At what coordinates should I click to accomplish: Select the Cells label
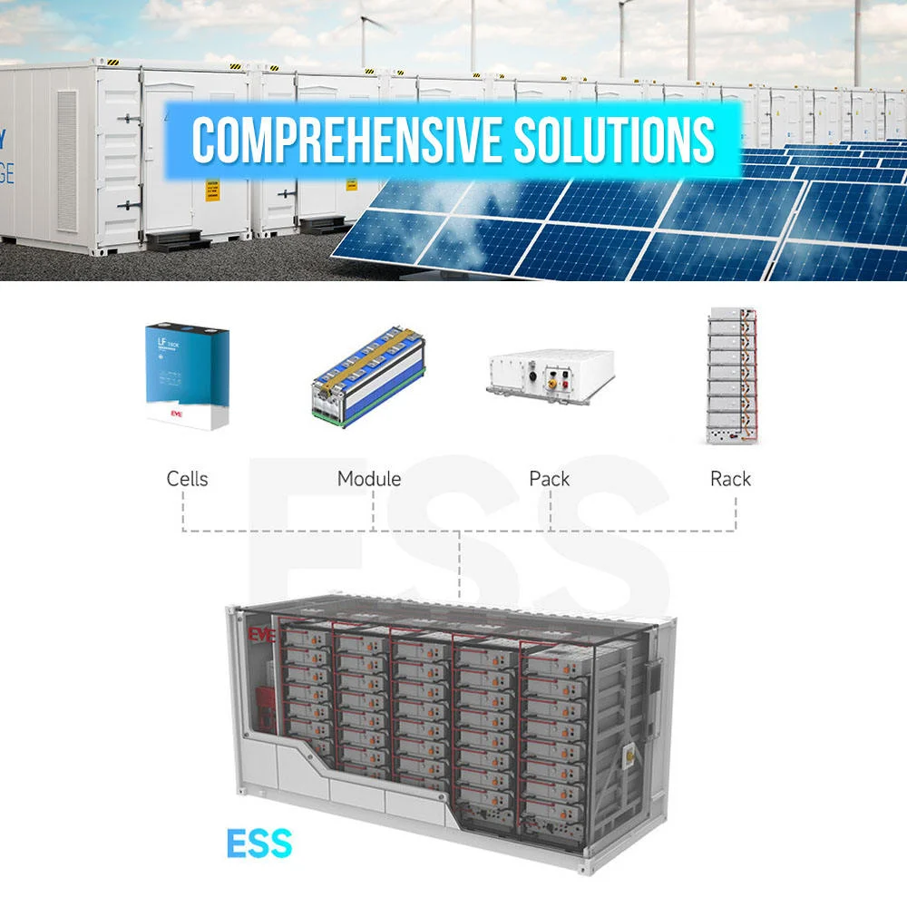[x=187, y=478]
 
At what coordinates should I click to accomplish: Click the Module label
[x=368, y=478]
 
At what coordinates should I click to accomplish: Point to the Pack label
[x=550, y=478]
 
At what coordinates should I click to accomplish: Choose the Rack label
[x=730, y=478]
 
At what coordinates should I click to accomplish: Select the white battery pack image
[x=549, y=374]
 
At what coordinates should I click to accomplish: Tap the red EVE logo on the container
[x=261, y=632]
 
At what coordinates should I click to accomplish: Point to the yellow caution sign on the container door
[x=212, y=189]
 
